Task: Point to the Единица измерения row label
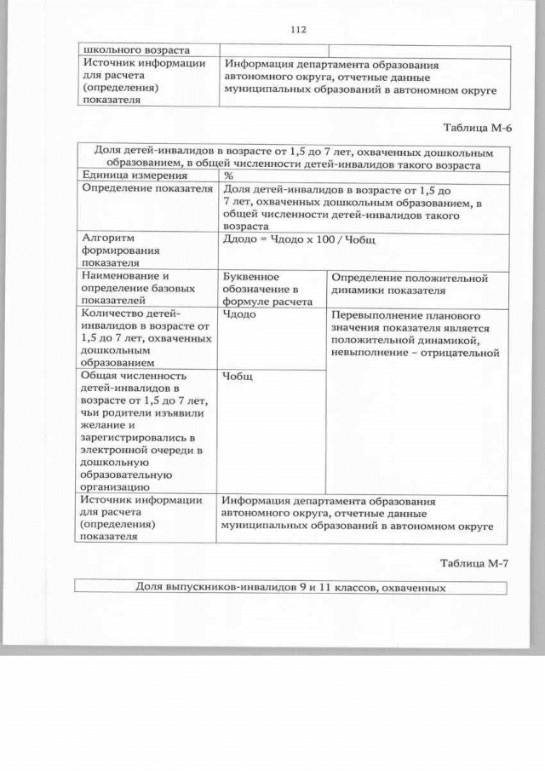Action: pos(123,175)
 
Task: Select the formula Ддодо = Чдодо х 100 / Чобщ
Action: pos(298,240)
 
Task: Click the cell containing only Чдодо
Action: pos(239,314)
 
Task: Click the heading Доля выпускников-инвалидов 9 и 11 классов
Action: pos(290,587)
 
